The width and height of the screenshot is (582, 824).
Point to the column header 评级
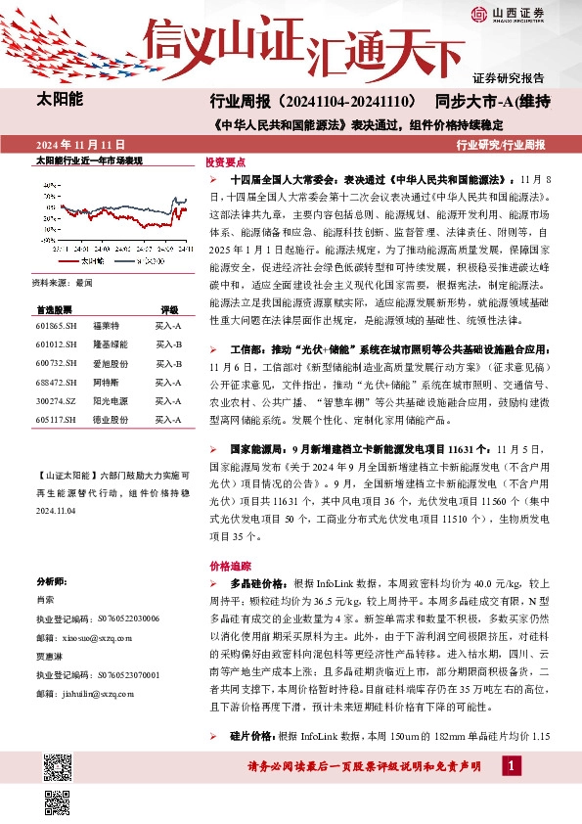click(x=168, y=307)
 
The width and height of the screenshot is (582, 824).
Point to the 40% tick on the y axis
click(x=49, y=184)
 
